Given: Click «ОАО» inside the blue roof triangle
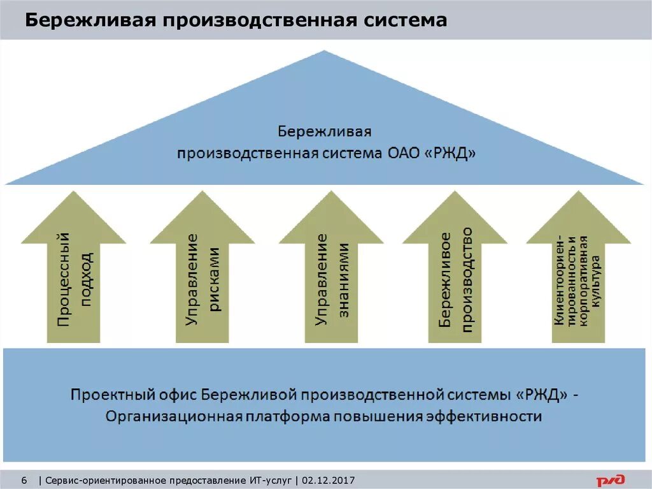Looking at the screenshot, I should point(405,154).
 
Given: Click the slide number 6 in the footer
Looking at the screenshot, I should point(25,479).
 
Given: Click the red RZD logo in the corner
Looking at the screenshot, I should point(610,479).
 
